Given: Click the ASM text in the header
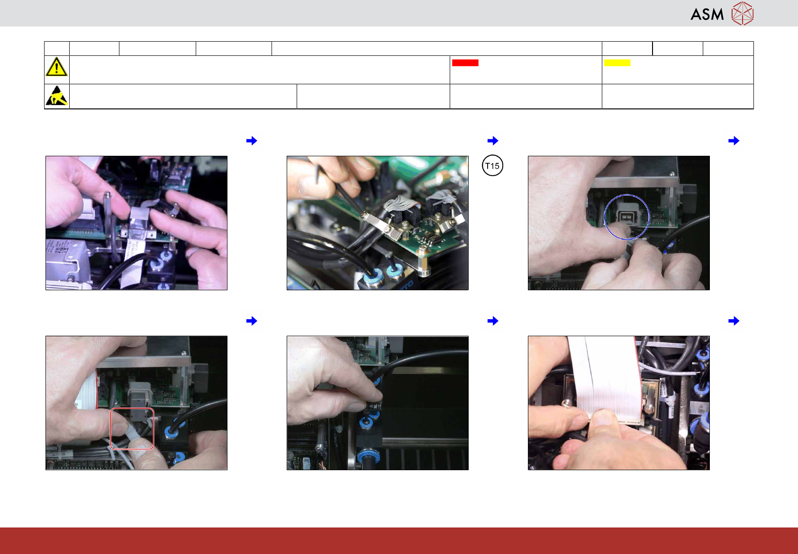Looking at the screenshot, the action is coord(707,14).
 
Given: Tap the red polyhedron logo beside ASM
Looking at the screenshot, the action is coord(743,14).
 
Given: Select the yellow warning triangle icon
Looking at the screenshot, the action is coord(56,67).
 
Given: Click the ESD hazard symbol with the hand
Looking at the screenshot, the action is coord(57,96).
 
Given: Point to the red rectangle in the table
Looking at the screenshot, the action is coord(465,63).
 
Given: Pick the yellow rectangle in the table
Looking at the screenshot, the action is coord(617,63).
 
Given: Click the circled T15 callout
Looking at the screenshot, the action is coord(492,166).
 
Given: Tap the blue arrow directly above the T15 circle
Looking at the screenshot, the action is coord(493,141).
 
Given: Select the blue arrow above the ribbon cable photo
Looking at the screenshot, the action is coord(734,321).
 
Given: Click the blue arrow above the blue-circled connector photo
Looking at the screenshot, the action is coord(734,141).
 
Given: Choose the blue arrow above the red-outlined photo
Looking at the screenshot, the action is coord(252,321).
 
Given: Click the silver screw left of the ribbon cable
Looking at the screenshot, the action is coord(567,404).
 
